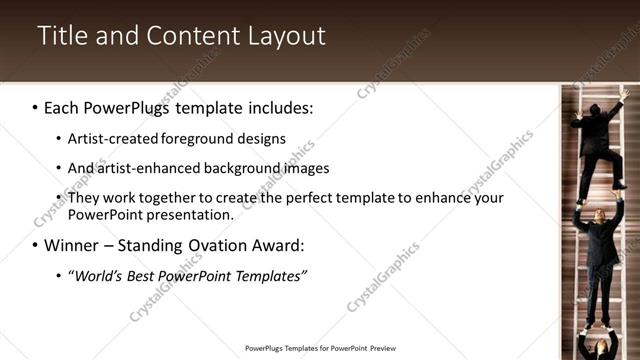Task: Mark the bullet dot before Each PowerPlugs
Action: pyautogui.click(x=35, y=107)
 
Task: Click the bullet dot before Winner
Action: pyautogui.click(x=35, y=245)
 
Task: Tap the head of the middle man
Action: pyautogui.click(x=599, y=213)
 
